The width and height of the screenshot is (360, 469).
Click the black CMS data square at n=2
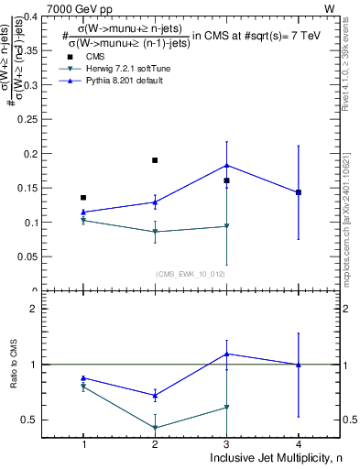point(155,160)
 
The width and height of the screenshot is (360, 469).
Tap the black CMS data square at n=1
point(83,198)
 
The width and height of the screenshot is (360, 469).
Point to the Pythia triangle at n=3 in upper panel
point(226,165)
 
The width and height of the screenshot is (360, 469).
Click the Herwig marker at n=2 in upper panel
point(155,232)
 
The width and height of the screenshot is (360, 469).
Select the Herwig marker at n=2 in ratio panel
point(155,428)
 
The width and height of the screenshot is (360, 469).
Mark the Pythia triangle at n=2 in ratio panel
point(155,396)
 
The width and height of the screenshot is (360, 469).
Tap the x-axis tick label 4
point(299,444)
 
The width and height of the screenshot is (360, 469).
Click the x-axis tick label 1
point(83,444)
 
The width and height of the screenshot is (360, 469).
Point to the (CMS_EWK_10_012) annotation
point(191,273)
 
